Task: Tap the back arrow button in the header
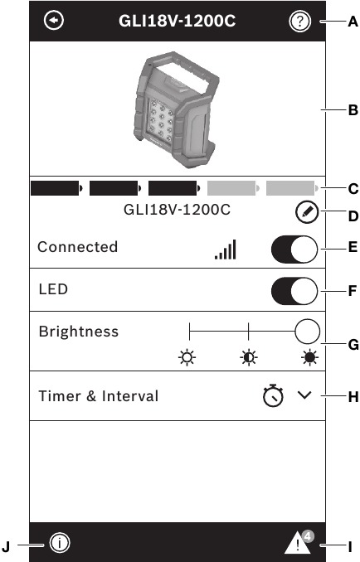click(54, 20)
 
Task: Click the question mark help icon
click(299, 22)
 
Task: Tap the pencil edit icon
click(307, 212)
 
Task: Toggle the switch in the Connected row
click(294, 250)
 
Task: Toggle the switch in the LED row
click(294, 291)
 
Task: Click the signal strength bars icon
click(226, 250)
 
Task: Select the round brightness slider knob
click(307, 332)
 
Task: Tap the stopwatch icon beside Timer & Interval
click(273, 395)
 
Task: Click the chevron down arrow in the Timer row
click(304, 395)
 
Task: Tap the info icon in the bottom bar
click(60, 543)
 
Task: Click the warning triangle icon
click(297, 544)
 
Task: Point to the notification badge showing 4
click(308, 536)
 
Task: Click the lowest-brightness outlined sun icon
click(187, 357)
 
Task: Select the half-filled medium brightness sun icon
click(249, 357)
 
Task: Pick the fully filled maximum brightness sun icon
click(309, 357)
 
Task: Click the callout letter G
click(353, 345)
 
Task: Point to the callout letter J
click(6, 547)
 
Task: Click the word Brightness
click(79, 332)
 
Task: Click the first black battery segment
click(56, 188)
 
